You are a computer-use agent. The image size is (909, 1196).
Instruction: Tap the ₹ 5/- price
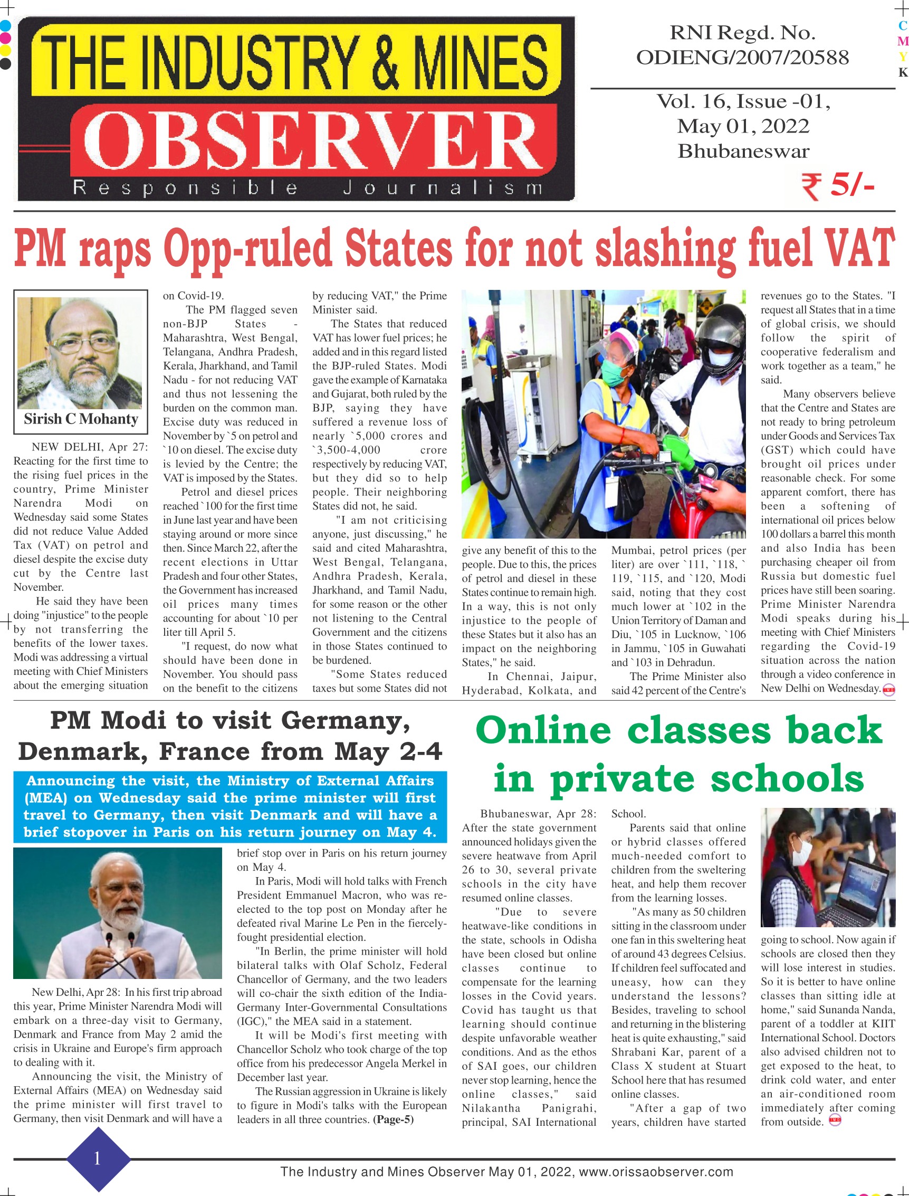(838, 186)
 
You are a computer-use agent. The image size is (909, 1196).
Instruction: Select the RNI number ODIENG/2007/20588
(742, 58)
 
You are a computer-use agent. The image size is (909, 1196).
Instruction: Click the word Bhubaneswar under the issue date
(743, 151)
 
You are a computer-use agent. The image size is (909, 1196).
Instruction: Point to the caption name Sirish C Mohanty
(81, 419)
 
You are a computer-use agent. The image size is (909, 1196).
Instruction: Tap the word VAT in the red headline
(865, 248)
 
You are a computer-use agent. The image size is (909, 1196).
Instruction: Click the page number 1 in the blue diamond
(98, 1158)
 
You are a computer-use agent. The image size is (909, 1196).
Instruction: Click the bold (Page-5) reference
(394, 1119)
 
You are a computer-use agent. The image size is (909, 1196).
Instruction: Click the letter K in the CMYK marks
(902, 72)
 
